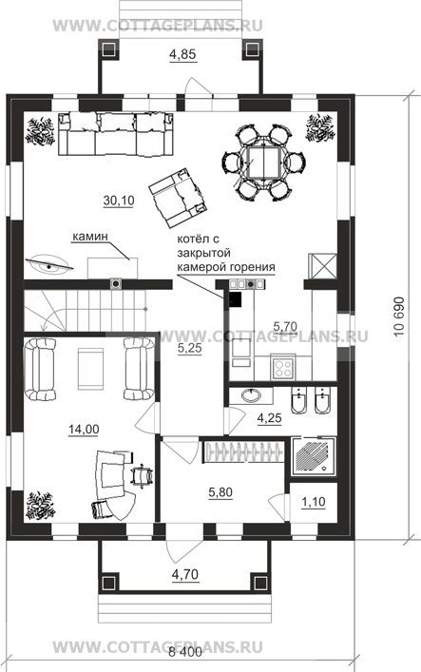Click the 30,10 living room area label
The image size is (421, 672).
119,200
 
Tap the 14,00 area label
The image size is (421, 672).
84,429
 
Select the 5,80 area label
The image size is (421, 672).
220,492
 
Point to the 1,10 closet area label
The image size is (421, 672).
314,502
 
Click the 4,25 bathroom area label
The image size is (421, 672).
269,418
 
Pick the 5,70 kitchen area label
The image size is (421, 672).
285,327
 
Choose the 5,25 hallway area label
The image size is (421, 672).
189,349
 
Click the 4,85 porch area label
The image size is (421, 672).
182,54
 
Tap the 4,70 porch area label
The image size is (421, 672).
185,574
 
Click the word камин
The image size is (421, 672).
89,236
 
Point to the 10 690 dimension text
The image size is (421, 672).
399,316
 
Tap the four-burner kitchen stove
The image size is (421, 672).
282,368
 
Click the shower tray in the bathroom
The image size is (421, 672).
314,456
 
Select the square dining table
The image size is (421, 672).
264,163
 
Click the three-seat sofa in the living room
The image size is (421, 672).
116,135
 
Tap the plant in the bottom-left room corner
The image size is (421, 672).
40,506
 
